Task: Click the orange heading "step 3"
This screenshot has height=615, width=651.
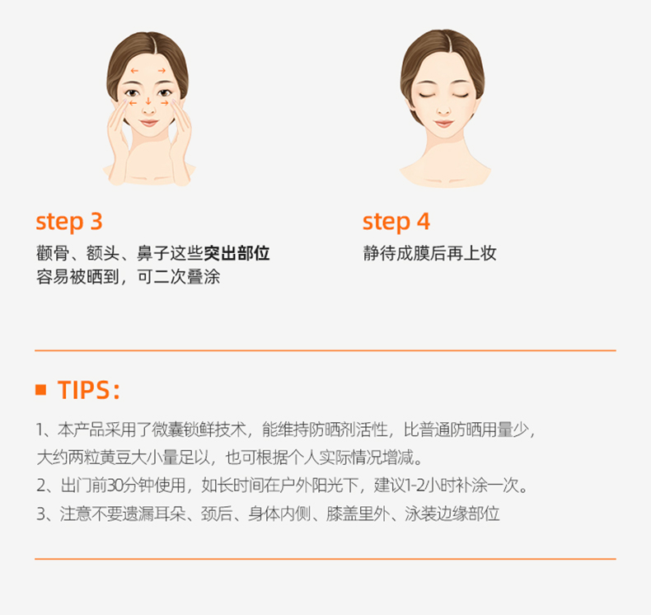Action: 69,222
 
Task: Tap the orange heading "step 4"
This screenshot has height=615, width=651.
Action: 396,222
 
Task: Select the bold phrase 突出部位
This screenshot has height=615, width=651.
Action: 237,253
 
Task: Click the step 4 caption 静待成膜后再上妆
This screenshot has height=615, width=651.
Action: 429,253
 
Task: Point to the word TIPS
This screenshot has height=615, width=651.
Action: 83,390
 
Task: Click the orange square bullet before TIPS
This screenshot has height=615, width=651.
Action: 40,389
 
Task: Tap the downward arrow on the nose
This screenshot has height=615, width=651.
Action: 148,101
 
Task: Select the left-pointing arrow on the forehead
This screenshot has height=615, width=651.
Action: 134,71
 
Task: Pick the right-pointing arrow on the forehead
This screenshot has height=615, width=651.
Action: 162,71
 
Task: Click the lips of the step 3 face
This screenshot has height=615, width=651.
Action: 148,123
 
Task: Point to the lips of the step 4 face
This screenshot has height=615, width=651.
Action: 443,124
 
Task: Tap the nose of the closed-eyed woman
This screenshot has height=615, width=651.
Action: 443,109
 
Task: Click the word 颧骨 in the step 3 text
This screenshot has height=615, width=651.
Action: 53,253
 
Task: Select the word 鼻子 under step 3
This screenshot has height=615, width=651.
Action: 153,253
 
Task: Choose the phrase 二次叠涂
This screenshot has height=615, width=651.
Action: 187,277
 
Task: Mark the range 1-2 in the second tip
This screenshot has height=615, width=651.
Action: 416,485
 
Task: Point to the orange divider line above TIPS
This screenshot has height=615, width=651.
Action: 325,350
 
